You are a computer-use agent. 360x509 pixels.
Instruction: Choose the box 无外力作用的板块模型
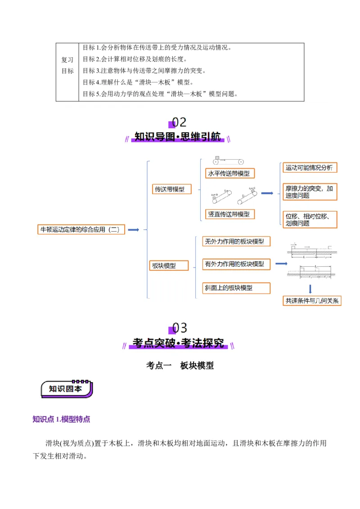[x=236, y=241]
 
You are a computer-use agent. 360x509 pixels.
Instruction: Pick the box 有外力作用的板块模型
[x=236, y=264]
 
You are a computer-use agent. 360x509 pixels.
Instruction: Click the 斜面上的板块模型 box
[x=236, y=288]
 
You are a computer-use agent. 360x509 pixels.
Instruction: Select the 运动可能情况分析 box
[x=310, y=168]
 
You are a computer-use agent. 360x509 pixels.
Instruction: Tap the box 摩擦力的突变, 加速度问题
[x=310, y=192]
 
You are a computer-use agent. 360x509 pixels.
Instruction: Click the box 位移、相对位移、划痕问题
[x=310, y=220]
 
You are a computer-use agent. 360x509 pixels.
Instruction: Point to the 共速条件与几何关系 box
[x=312, y=301]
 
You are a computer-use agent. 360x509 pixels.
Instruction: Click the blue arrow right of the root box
[x=134, y=230]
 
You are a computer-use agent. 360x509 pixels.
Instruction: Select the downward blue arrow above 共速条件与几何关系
[x=310, y=288]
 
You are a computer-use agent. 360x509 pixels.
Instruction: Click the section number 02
[x=179, y=122]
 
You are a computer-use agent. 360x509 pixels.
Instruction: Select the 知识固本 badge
[x=67, y=389]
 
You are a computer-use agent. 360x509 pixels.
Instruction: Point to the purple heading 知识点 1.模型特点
[x=61, y=419]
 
